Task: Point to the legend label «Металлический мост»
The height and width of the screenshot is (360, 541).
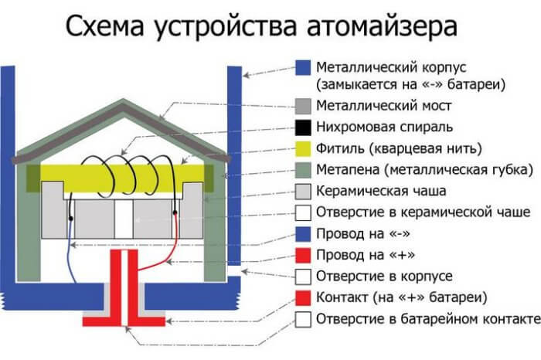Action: pyautogui.click(x=384, y=105)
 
